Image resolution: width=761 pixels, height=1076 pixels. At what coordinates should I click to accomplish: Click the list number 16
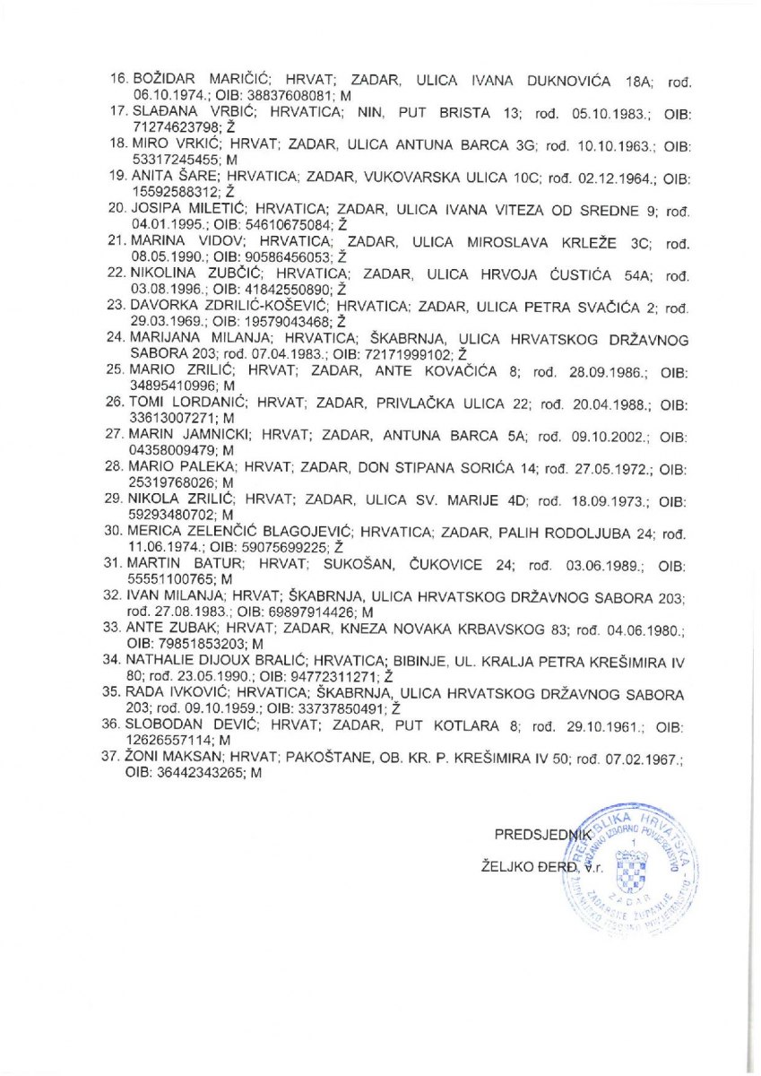[x=117, y=80]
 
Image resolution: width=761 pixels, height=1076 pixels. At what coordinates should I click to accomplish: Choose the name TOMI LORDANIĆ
[x=186, y=403]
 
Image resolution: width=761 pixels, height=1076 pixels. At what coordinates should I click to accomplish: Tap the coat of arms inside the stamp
[x=636, y=866]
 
